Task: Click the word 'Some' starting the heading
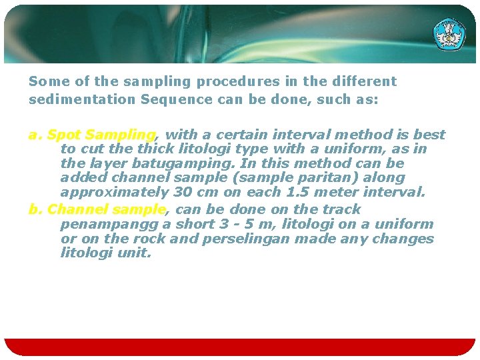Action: [43, 81]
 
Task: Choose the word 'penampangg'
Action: [107, 225]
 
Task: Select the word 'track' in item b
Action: [342, 210]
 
